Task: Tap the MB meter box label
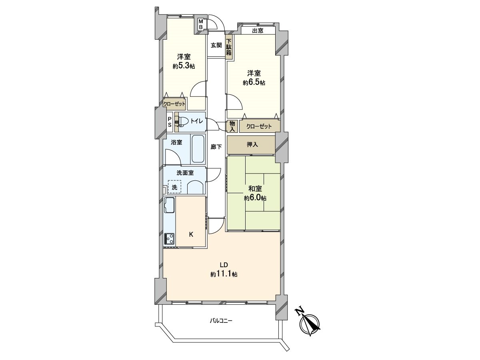pyautogui.click(x=202, y=24)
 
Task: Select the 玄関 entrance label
pyautogui.click(x=216, y=45)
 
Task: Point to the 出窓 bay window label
pyautogui.click(x=258, y=31)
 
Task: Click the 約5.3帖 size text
pyautogui.click(x=184, y=66)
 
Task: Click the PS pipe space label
pyautogui.click(x=170, y=122)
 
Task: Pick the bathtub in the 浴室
pyautogui.click(x=198, y=149)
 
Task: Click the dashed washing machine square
pyautogui.click(x=174, y=187)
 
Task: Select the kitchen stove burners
pyautogui.click(x=169, y=239)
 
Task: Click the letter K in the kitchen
pyautogui.click(x=191, y=235)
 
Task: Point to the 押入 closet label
pyautogui.click(x=252, y=144)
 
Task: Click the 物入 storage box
pyautogui.click(x=232, y=126)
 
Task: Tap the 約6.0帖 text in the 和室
pyautogui.click(x=256, y=198)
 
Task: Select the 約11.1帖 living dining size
pyautogui.click(x=224, y=274)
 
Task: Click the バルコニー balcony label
pyautogui.click(x=221, y=321)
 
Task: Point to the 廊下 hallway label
pyautogui.click(x=216, y=147)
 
